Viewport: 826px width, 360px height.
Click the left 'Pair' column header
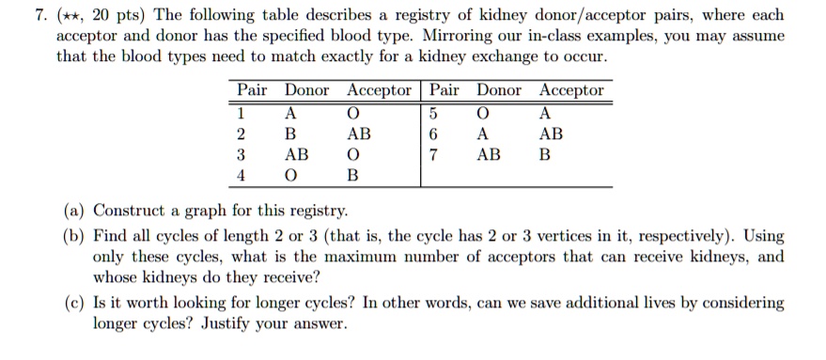[x=252, y=90]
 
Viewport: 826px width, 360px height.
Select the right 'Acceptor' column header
[x=571, y=90]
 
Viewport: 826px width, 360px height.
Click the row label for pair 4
[x=242, y=175]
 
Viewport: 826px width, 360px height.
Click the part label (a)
[x=74, y=211]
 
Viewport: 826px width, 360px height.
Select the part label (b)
[x=74, y=236]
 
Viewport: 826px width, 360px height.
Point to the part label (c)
[x=74, y=304]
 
